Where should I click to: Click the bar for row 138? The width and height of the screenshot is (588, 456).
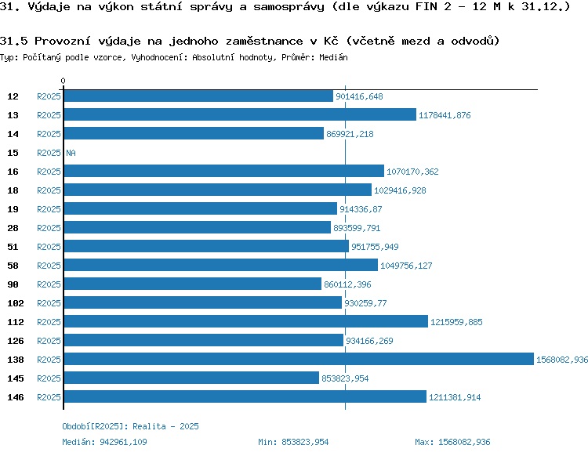[x=298, y=360]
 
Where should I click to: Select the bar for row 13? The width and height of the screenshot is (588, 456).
[x=239, y=115]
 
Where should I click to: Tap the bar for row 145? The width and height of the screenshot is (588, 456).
[x=191, y=378]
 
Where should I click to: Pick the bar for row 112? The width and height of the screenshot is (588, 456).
[x=245, y=322]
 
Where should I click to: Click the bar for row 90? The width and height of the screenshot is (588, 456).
[x=192, y=284]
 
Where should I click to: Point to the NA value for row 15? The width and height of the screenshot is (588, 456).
[x=71, y=153]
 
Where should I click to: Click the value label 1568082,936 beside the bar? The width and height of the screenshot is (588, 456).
[x=561, y=360]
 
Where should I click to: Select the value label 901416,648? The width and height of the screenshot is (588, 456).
[x=358, y=96]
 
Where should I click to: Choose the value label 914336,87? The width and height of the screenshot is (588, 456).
[x=361, y=209]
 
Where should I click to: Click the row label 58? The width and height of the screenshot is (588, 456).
[x=13, y=266]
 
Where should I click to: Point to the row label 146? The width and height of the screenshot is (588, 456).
[x=15, y=397]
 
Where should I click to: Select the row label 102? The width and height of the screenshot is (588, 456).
[x=15, y=303]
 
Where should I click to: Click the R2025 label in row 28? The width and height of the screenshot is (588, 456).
[x=49, y=228]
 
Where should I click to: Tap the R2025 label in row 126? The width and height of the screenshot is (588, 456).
[x=49, y=341]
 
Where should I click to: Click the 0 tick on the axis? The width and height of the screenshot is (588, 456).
[x=64, y=81]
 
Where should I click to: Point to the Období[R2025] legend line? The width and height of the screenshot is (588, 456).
[x=130, y=426]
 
